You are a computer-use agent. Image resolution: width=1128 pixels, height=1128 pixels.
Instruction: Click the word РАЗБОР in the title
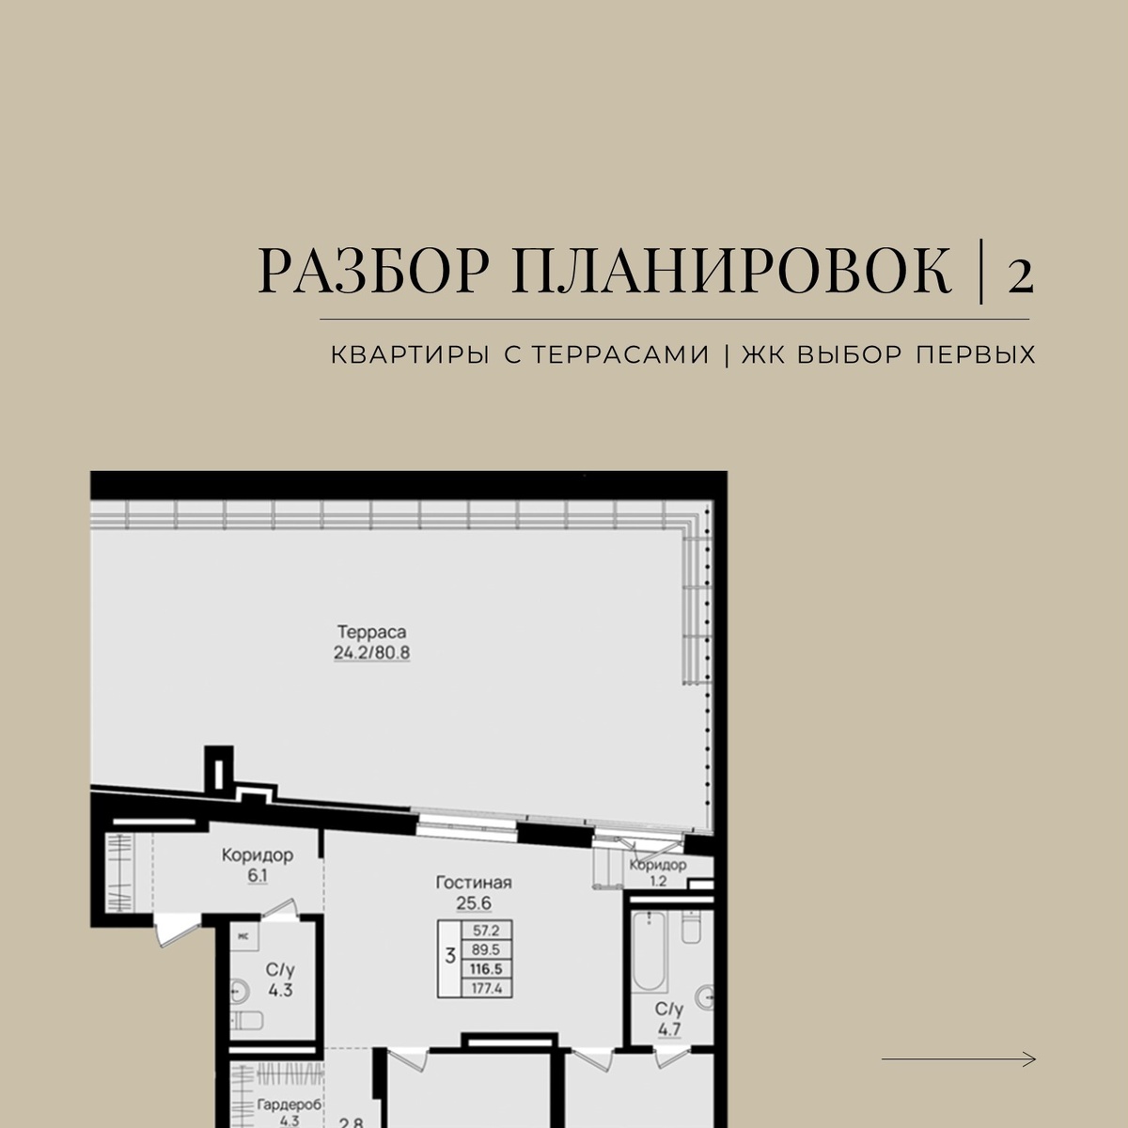pos(373,271)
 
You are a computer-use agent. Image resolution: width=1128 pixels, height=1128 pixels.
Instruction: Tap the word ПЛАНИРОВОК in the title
pos(731,271)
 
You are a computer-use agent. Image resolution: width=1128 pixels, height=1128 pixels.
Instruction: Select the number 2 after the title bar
pos(1020,275)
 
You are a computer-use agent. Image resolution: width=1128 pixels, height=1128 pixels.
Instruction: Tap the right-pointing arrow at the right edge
pos(958,1059)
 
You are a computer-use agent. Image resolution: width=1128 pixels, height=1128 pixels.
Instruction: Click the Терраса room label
pos(371,633)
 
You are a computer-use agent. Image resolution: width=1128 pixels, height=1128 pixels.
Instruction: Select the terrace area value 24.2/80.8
pos(371,652)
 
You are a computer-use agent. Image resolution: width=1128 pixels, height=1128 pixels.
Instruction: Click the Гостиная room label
pos(474,883)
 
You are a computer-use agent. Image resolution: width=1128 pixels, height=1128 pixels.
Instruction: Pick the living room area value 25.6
pos(474,903)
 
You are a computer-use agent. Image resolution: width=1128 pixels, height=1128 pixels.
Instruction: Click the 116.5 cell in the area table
pos(486,969)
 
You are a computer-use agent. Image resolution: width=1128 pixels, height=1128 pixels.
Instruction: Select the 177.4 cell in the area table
pos(486,989)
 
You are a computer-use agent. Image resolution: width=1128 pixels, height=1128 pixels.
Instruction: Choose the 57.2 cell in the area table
pos(486,931)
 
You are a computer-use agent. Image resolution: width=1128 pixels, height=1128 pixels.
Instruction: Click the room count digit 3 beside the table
pos(449,957)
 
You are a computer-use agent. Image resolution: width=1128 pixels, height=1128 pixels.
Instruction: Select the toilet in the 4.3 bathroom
pos(247,1021)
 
